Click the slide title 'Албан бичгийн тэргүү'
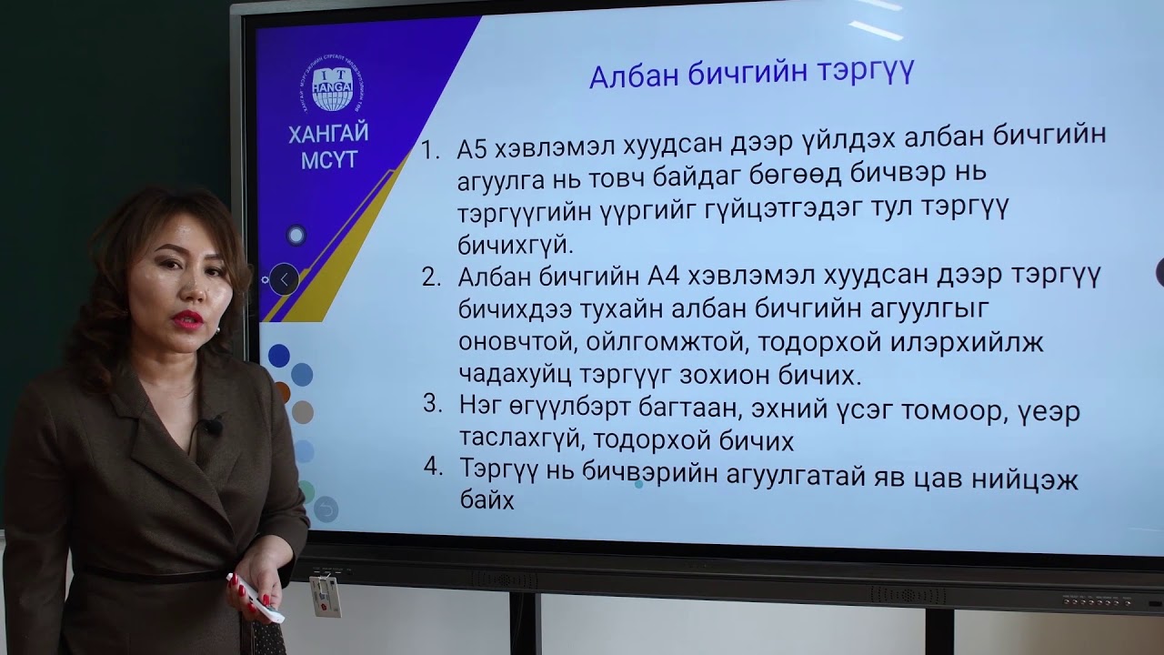751,73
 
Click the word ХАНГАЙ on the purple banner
328,135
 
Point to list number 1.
431,150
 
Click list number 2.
432,277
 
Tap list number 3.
433,404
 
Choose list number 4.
434,467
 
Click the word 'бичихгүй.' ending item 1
516,244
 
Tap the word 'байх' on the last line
487,499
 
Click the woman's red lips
187,319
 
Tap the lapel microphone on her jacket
212,425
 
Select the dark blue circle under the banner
278,355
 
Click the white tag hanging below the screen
325,596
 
